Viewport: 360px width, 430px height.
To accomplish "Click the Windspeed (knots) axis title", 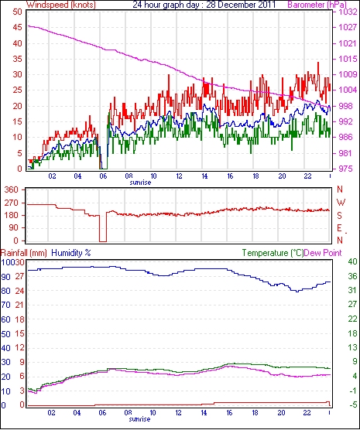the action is pos(60,5).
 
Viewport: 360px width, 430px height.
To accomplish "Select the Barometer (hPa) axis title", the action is pos(317,5).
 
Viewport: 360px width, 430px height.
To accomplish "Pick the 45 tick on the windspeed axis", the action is pos(17,27).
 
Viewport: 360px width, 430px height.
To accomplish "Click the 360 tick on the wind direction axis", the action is pos(12,189).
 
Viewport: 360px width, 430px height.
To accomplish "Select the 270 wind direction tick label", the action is pos(12,203).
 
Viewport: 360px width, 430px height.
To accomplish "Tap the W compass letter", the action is pos(341,203).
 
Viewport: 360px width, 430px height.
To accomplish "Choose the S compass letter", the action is pos(340,216).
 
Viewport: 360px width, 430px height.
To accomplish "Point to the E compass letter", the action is pos(340,228).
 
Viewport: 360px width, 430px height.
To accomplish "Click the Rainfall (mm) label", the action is pos(24,253).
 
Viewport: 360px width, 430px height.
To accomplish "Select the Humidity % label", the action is pos(71,253).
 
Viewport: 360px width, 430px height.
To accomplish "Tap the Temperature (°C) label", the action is pos(273,253).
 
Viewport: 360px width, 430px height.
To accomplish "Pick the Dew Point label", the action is pos(323,253).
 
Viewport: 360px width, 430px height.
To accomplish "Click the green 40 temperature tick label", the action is pos(352,261).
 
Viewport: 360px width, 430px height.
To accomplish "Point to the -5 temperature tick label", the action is pos(352,404).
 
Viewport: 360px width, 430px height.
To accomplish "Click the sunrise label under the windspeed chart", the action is pos(140,183).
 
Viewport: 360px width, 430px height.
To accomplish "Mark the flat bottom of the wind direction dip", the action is pos(103,241).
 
